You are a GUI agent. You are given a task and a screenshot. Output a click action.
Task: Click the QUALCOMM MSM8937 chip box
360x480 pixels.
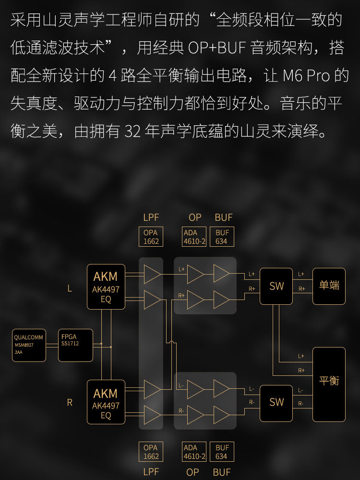(29, 345)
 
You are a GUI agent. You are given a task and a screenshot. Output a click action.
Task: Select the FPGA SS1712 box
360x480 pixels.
(75, 345)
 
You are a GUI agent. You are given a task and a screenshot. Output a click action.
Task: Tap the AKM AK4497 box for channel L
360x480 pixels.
(106, 287)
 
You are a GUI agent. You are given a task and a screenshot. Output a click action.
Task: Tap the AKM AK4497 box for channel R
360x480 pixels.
(106, 402)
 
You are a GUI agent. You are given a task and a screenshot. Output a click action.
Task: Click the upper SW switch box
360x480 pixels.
(276, 286)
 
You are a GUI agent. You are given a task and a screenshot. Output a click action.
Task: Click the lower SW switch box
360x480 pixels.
(276, 402)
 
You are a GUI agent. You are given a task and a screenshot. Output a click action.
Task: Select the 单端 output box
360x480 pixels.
(329, 286)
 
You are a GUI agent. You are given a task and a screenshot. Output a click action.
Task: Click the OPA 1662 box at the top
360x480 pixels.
(151, 237)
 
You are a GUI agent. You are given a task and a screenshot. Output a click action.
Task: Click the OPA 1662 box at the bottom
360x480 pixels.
(151, 452)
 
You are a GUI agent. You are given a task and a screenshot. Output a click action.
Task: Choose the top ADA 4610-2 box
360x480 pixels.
(194, 237)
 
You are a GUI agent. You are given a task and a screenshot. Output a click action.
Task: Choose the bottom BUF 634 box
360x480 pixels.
(222, 452)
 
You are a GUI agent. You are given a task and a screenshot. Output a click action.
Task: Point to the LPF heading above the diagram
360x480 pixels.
(151, 217)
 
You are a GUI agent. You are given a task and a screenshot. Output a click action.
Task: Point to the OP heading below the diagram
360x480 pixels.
(192, 472)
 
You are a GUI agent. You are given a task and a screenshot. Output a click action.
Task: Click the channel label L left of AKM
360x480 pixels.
(70, 288)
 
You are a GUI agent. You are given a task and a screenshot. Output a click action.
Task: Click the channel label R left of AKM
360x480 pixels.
(70, 403)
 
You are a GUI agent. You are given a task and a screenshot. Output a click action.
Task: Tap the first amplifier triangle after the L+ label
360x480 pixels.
(195, 274)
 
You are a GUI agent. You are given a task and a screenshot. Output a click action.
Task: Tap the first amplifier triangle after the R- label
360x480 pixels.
(195, 414)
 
